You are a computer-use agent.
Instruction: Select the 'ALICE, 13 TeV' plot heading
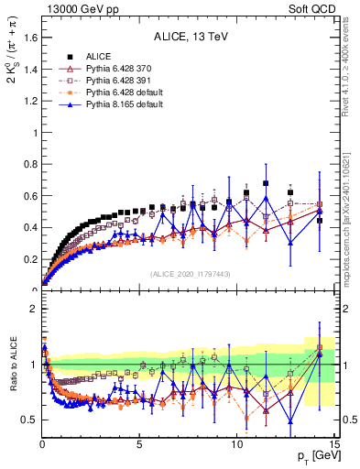click(x=190, y=38)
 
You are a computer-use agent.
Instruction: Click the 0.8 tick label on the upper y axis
click(x=30, y=164)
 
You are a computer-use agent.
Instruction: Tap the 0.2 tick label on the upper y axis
click(x=30, y=259)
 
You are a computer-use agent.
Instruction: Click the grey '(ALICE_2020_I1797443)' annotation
click(x=190, y=275)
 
